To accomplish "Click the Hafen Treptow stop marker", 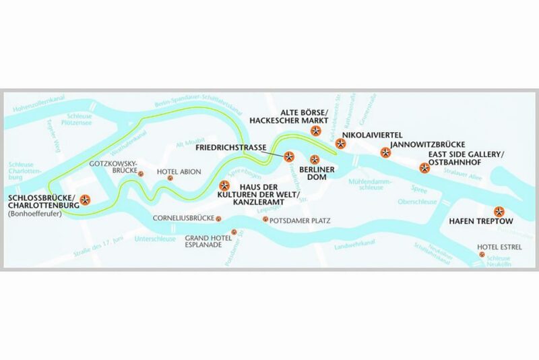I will [499, 210].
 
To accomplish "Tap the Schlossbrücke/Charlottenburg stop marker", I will [86, 200].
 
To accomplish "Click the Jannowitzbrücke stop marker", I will [385, 153].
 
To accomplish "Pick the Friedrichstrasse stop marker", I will [289, 156].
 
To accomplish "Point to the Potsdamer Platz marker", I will [265, 219].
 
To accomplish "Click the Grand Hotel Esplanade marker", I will [234, 233].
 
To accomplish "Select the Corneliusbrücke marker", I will [218, 218].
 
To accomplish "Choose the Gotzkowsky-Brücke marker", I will [142, 173].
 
